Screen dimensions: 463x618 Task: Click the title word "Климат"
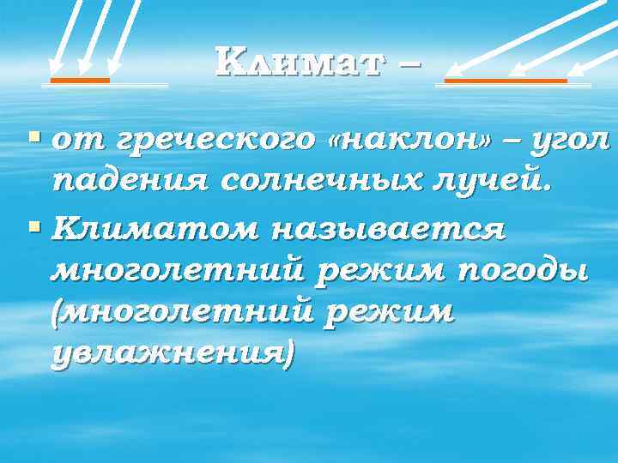[295, 62]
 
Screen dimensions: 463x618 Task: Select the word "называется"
[391, 230]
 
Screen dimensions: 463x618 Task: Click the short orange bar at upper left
[79, 81]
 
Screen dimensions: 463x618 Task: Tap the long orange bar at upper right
[505, 81]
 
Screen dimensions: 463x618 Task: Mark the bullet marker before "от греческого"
[33, 136]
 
